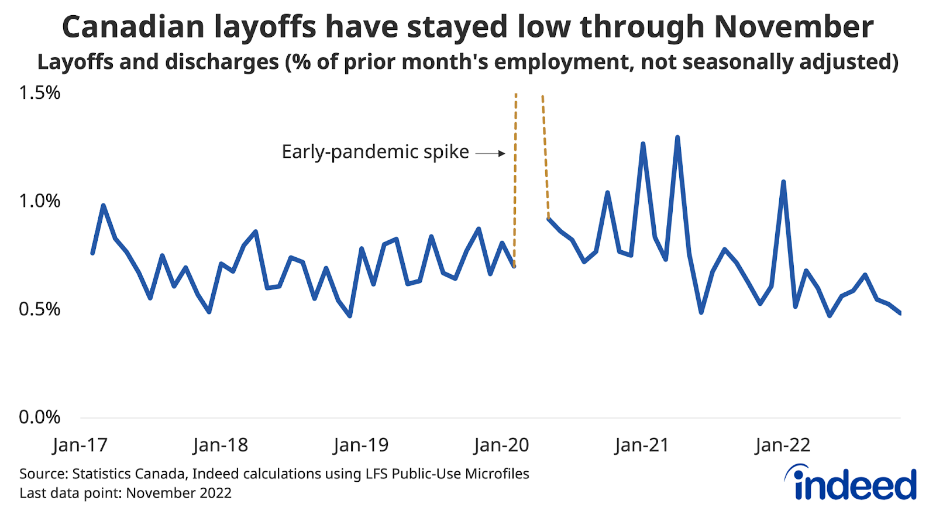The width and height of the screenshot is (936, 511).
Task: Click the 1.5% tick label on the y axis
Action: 40,93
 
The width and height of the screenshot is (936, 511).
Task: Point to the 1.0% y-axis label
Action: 40,201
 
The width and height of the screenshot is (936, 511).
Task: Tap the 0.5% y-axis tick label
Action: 40,309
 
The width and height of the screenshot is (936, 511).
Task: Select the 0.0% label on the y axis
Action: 40,417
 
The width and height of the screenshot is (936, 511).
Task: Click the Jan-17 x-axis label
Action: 80,446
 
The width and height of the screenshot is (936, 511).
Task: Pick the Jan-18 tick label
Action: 221,446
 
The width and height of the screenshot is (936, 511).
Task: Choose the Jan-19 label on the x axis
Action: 361,446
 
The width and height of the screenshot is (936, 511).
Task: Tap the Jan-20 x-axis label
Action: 501,446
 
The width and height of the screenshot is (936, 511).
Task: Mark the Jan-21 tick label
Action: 642,446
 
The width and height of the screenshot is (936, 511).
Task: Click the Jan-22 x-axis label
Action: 783,446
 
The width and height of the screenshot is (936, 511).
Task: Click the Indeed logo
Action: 851,483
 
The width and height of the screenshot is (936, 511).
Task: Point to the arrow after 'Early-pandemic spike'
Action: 490,154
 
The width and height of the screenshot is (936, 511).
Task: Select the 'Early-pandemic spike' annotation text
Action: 375,152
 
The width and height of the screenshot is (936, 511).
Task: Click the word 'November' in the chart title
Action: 794,27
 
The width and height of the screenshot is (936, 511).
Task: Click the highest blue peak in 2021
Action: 677,137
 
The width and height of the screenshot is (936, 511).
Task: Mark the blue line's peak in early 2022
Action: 783,182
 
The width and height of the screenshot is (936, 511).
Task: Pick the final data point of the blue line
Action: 900,313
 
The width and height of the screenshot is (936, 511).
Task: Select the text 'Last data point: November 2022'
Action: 125,493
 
